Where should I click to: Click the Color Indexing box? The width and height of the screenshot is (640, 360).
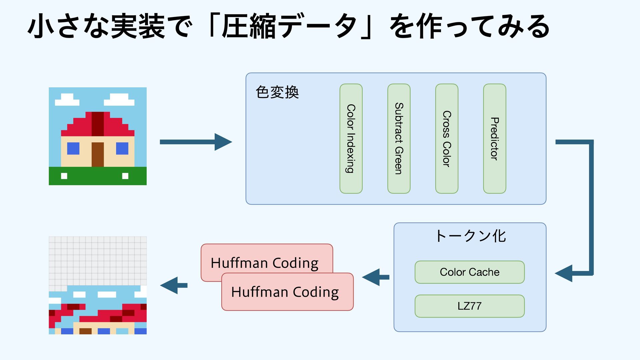tap(351, 139)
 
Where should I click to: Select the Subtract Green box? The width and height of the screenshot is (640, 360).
tap(399, 139)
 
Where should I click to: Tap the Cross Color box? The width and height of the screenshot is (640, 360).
tap(447, 139)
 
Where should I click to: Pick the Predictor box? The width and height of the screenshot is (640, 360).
tap(495, 139)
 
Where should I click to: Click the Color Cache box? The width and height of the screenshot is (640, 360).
tap(470, 272)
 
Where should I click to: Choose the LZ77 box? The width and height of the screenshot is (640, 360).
tap(470, 306)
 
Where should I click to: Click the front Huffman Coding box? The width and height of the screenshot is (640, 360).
tap(287, 292)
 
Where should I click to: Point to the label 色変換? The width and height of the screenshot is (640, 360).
tap(277, 92)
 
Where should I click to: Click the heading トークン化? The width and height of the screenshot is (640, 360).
tap(470, 236)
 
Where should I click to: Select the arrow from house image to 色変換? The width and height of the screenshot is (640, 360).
tap(196, 142)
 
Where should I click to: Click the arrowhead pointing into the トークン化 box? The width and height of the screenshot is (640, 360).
tap(564, 273)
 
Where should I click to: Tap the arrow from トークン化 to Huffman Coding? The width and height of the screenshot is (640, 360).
tap(376, 277)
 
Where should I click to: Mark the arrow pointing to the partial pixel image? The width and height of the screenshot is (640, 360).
tap(174, 285)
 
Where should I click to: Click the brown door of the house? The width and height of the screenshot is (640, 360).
tap(98, 154)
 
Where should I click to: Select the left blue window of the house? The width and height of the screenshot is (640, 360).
tap(73, 148)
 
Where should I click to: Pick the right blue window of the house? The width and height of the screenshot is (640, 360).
tap(122, 148)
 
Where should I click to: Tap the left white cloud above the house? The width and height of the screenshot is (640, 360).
tap(67, 100)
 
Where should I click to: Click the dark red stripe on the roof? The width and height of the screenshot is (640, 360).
tap(98, 124)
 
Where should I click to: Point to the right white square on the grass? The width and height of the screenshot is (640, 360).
tap(125, 176)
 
